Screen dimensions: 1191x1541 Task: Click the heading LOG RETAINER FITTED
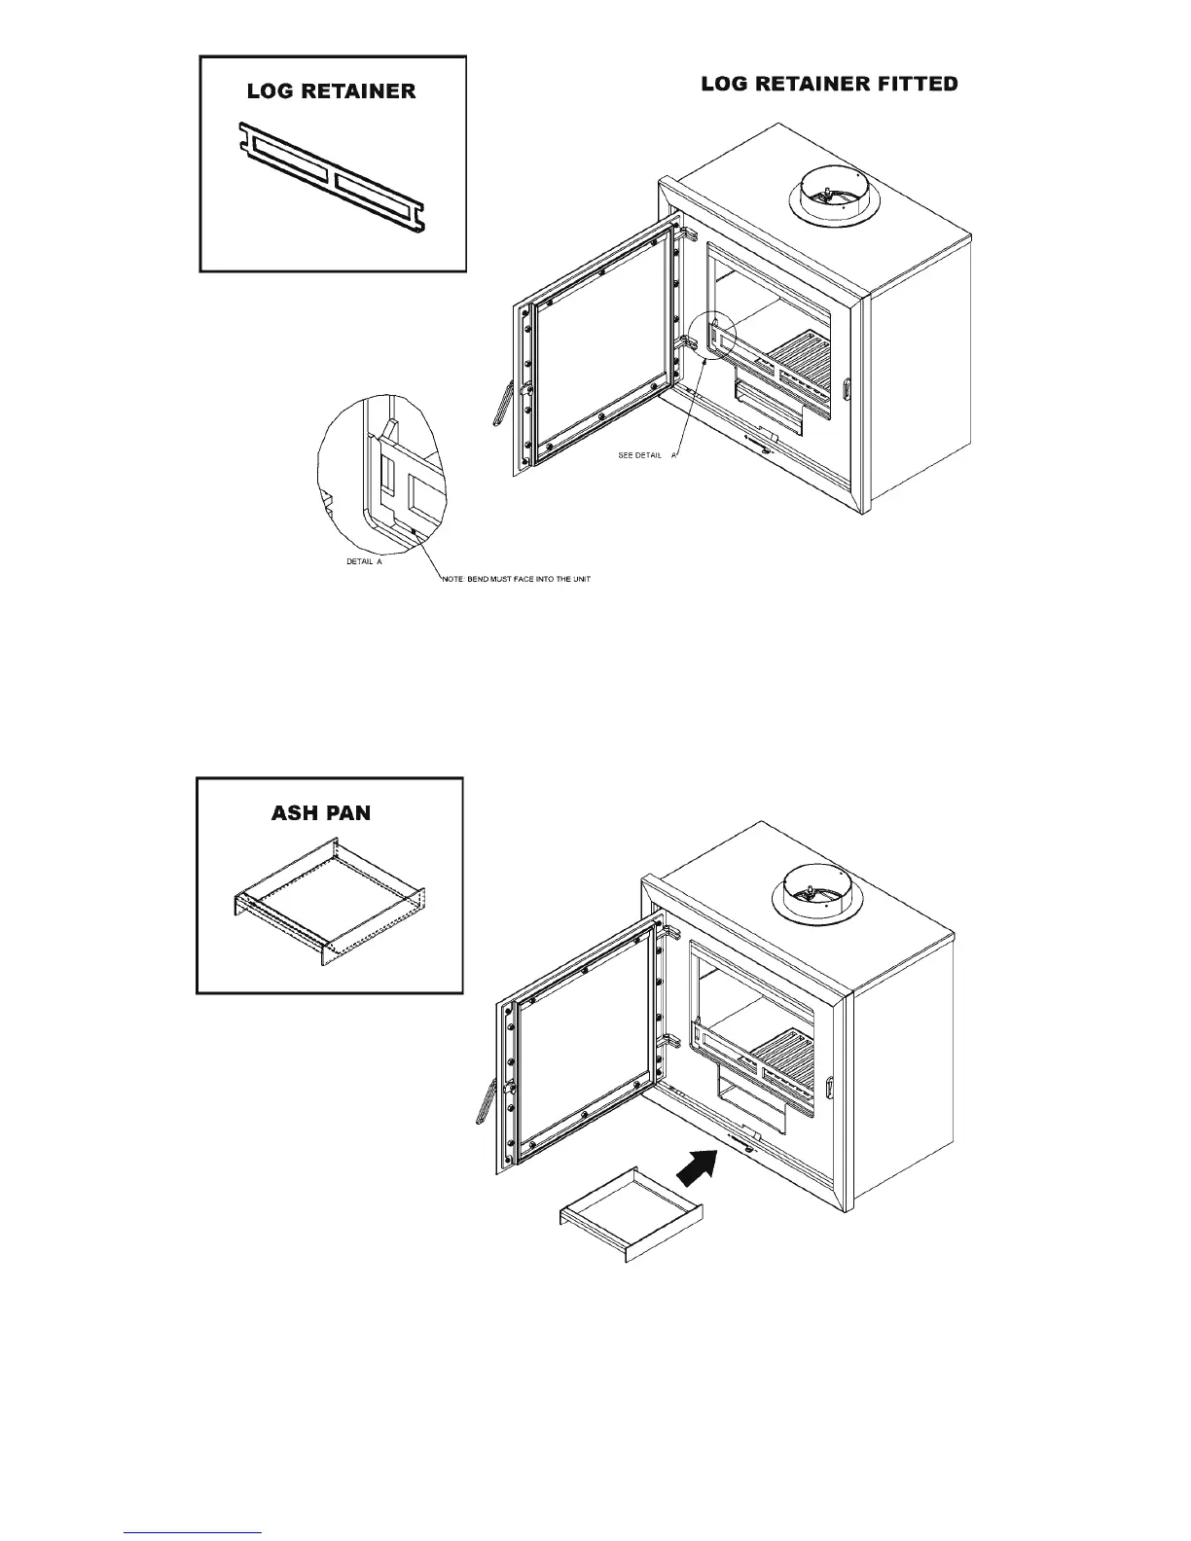(x=829, y=85)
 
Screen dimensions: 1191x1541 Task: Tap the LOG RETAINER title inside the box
(x=331, y=91)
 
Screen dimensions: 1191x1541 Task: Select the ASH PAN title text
(x=321, y=812)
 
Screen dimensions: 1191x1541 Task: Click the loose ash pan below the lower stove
(x=632, y=1215)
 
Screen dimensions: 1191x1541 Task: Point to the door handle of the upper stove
(x=501, y=404)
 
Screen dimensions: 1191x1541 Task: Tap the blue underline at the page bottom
(x=194, y=1532)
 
